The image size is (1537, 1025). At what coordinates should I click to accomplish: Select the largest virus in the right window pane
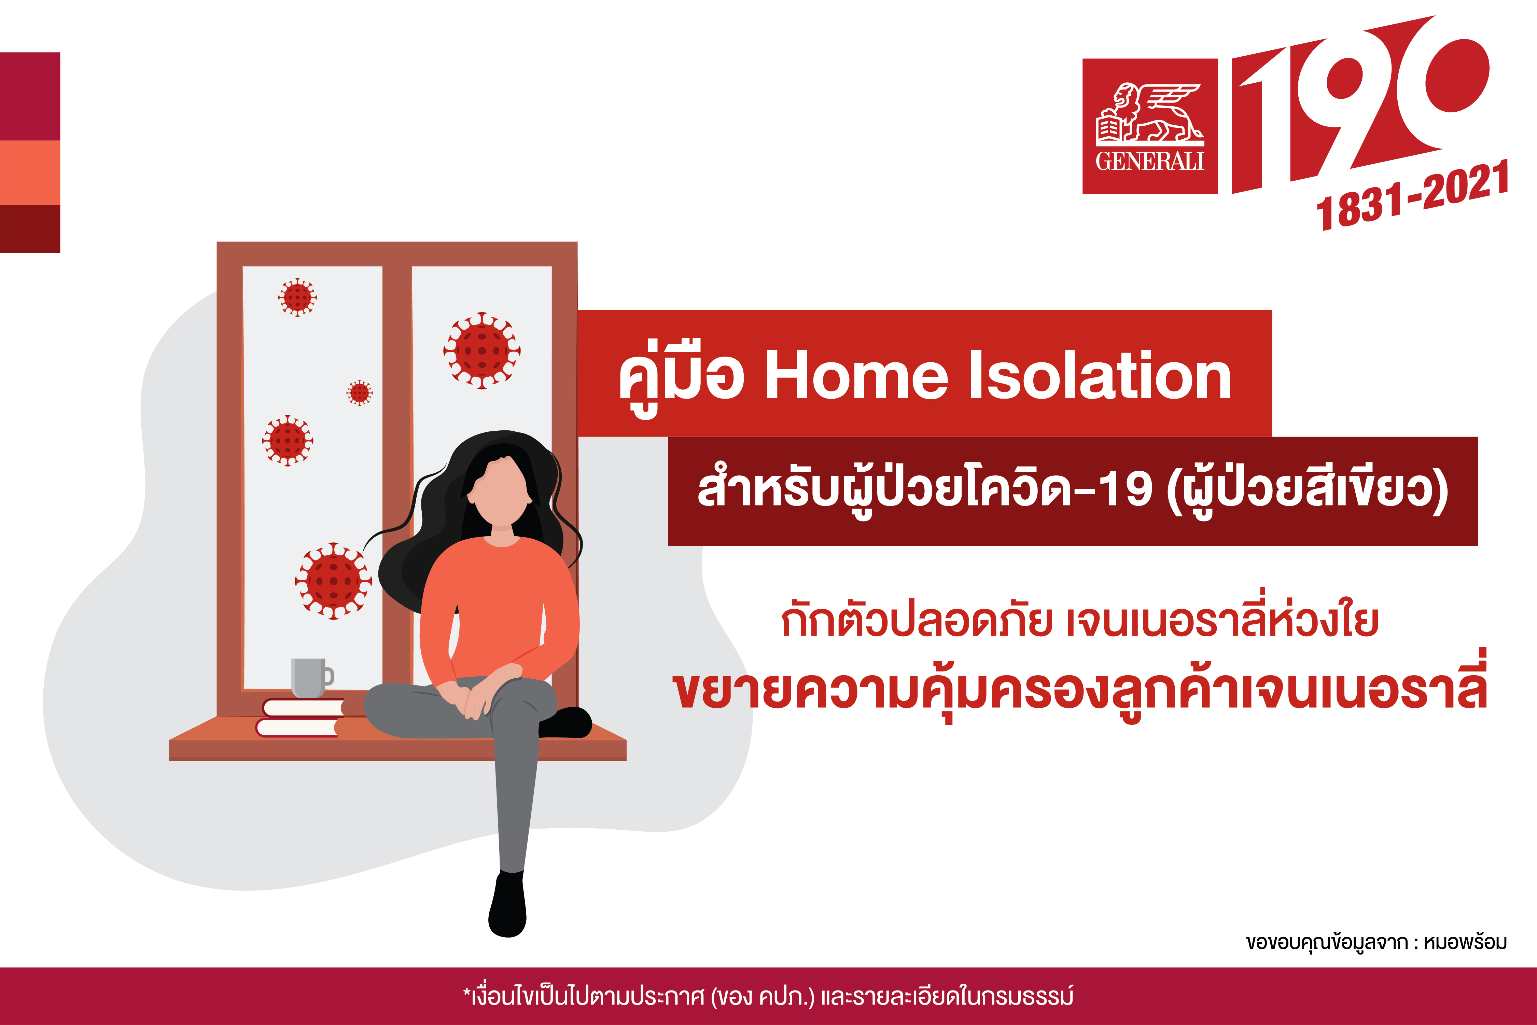coord(482,350)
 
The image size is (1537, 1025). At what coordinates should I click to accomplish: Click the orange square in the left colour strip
coord(30,172)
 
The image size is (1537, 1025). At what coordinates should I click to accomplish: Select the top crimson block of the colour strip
coord(30,96)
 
